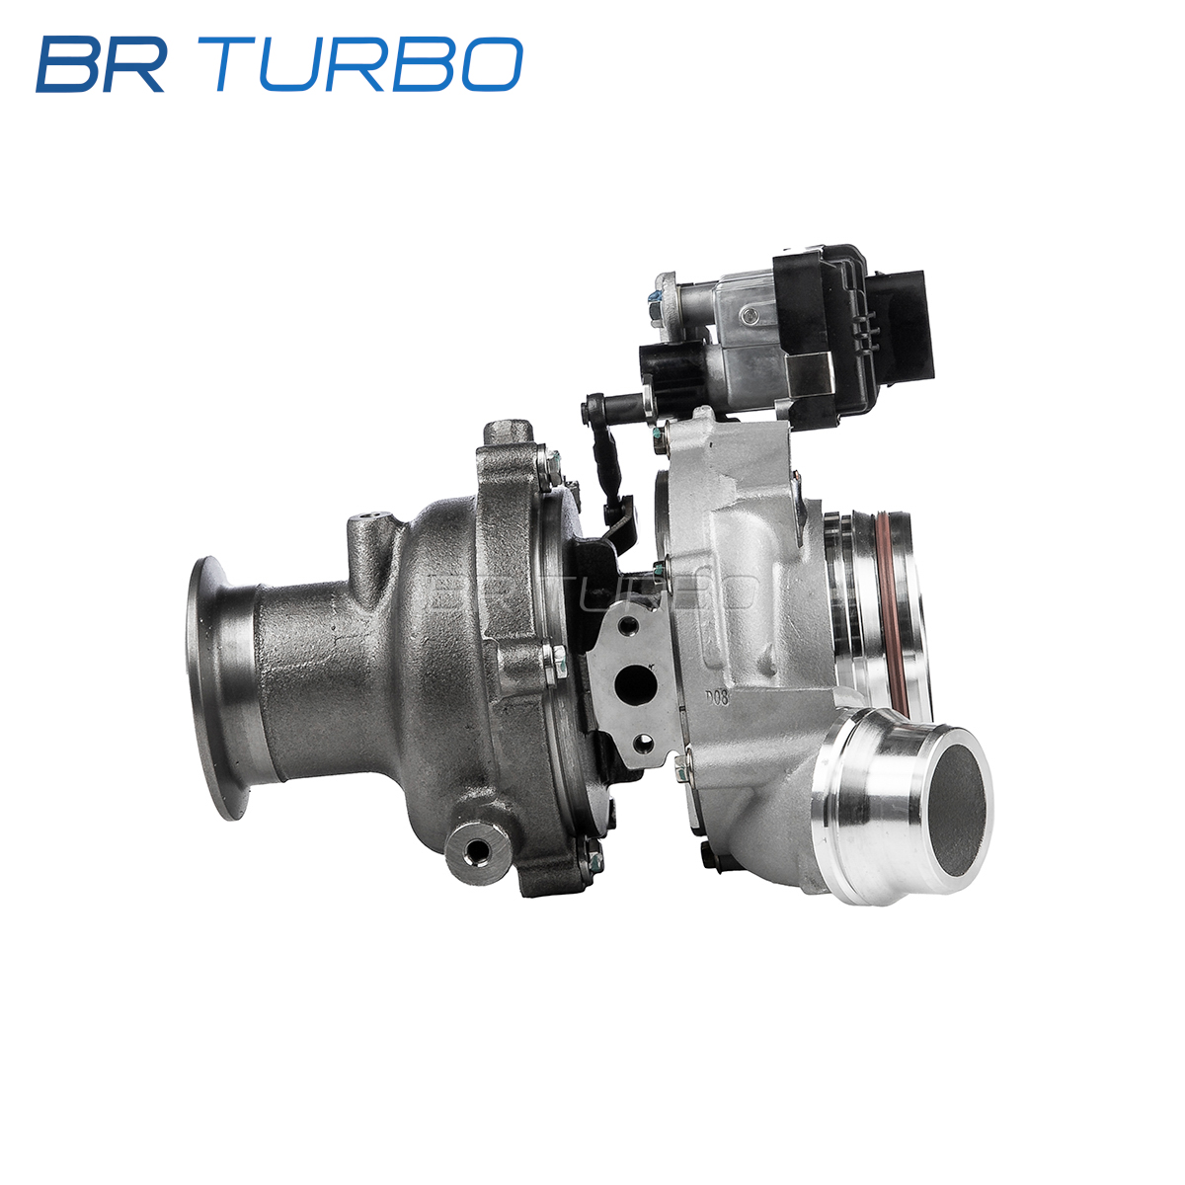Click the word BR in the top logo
click(x=101, y=64)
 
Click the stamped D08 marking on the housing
click(x=717, y=698)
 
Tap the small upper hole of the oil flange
click(x=628, y=627)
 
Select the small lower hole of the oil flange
click(x=643, y=746)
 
